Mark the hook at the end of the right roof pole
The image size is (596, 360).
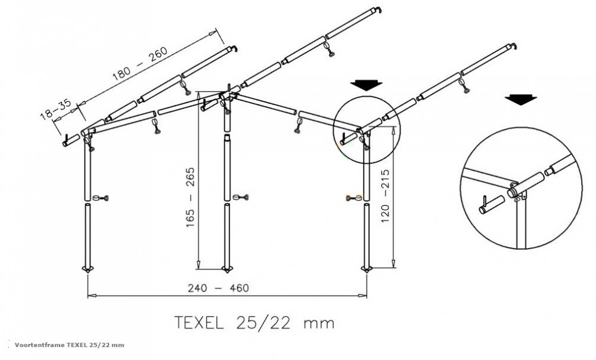pos(513,46)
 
